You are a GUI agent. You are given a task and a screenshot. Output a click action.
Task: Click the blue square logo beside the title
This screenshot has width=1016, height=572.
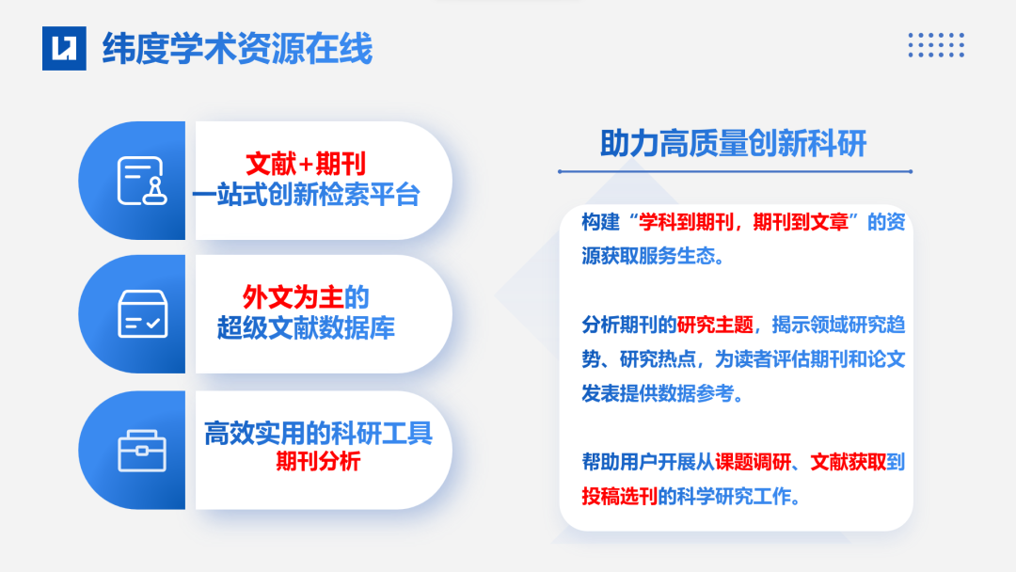(x=64, y=48)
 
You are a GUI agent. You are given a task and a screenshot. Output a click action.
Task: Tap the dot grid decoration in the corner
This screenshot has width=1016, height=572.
(x=936, y=45)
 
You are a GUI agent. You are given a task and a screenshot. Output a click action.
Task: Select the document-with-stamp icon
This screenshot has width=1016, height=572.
(x=139, y=181)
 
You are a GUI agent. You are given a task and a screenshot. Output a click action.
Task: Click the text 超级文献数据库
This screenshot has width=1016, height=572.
(x=306, y=327)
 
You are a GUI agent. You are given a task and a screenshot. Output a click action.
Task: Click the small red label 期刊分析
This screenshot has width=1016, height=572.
(x=317, y=462)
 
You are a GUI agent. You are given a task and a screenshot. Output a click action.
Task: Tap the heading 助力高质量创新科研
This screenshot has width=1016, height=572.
(x=733, y=143)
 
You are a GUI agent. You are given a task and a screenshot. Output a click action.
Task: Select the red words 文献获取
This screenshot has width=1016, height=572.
(x=848, y=462)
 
